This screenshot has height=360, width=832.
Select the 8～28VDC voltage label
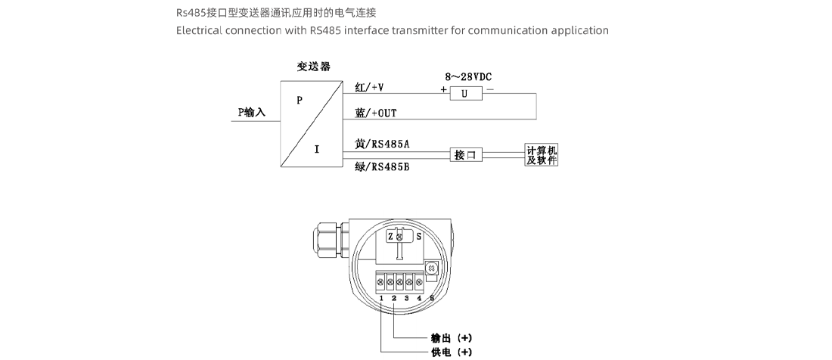[467, 77]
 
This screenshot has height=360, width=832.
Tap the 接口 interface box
[465, 155]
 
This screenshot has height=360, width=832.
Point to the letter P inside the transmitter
[300, 99]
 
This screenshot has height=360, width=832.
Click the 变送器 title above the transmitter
[313, 67]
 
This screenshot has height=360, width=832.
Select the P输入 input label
[252, 112]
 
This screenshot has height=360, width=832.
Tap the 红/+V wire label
[369, 87]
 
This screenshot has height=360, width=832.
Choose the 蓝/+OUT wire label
[376, 113]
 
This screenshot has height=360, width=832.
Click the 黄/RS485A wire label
[382, 143]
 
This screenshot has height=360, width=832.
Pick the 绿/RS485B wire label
[382, 166]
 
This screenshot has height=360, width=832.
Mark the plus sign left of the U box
[443, 89]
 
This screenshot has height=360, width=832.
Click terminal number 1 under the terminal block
[382, 299]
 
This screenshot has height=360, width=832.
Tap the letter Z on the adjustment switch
[390, 237]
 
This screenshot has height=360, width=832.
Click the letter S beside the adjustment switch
[418, 237]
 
